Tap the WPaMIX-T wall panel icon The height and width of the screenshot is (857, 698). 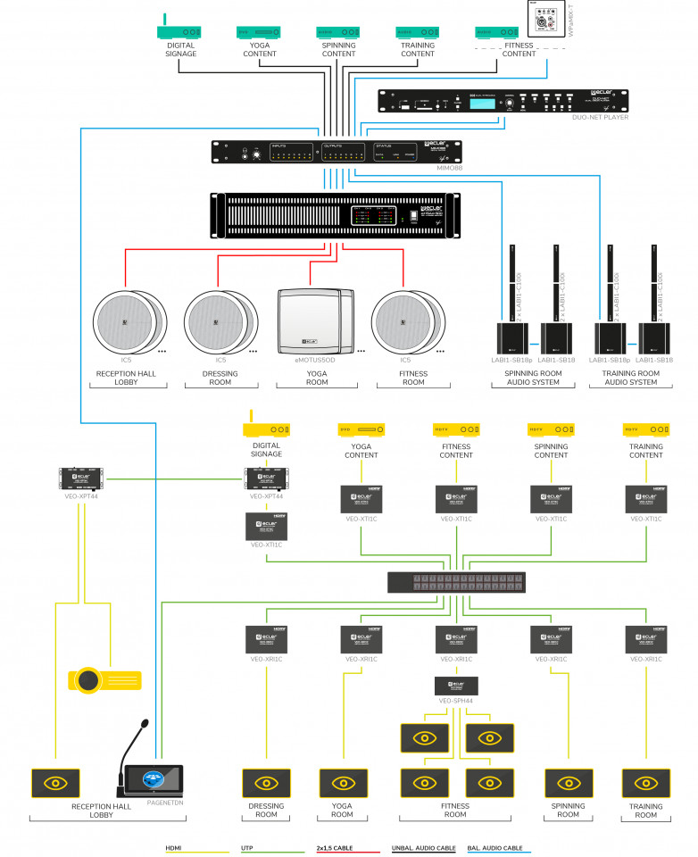(x=540, y=16)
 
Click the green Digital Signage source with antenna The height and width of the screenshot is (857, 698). (x=180, y=31)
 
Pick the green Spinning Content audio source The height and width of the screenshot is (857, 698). (x=338, y=32)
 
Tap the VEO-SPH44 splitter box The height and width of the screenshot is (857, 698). (x=455, y=686)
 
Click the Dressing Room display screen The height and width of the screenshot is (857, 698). (x=266, y=783)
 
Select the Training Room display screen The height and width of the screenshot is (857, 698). (x=645, y=783)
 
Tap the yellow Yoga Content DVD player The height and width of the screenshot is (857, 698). (x=361, y=429)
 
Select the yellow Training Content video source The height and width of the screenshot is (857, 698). (x=645, y=429)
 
